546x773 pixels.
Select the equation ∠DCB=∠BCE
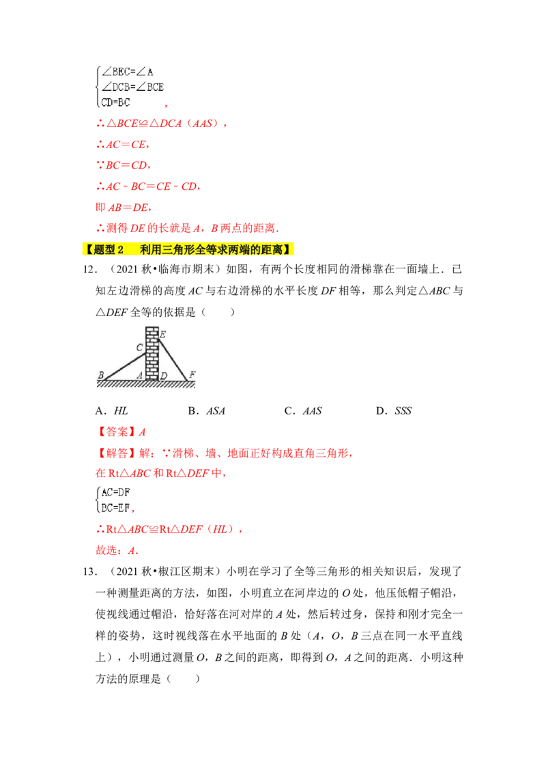pyautogui.click(x=132, y=87)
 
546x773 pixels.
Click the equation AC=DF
pyautogui.click(x=117, y=492)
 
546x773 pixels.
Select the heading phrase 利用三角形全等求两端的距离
pyautogui.click(x=212, y=250)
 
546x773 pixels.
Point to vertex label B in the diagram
pyautogui.click(x=100, y=375)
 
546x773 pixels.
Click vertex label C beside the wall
pyautogui.click(x=139, y=348)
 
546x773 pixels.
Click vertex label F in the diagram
pyautogui.click(x=192, y=374)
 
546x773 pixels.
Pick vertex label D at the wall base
pyautogui.click(x=164, y=375)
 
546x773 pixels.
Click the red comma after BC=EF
pyautogui.click(x=135, y=509)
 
